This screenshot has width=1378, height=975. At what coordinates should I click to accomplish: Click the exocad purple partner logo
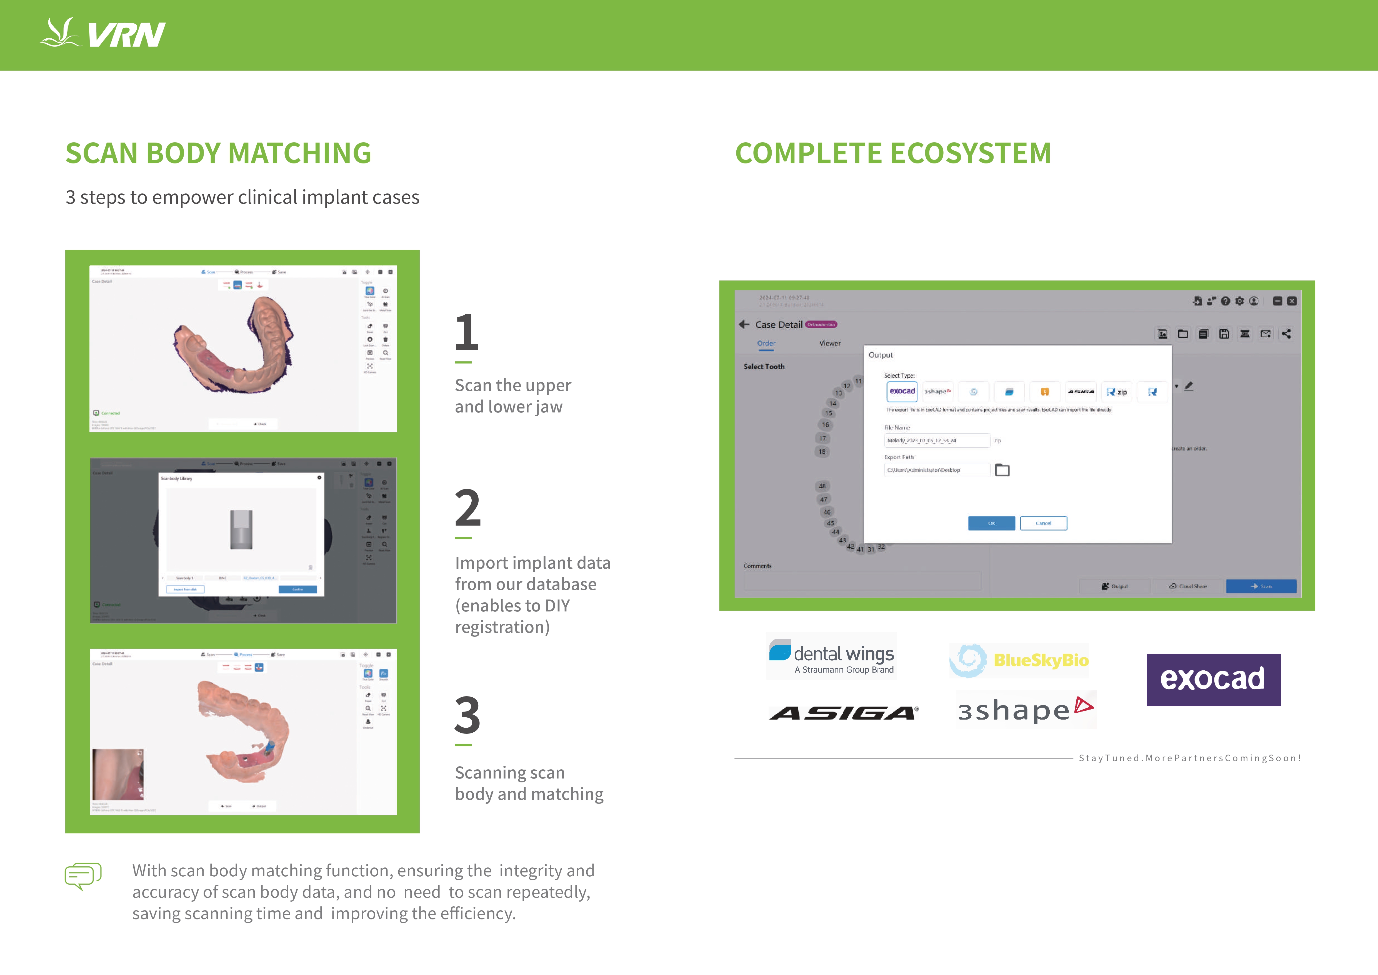[x=1213, y=680]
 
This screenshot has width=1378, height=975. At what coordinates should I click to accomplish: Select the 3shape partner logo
[x=1026, y=710]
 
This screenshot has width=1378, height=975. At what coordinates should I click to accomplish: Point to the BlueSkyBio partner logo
[x=1019, y=660]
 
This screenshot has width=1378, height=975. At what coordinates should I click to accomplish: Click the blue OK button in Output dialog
[x=991, y=523]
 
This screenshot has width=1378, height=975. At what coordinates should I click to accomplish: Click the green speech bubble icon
[x=83, y=876]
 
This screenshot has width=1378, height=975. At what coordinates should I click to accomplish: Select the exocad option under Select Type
[x=902, y=391]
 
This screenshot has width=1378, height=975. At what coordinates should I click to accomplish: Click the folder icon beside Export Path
[x=1002, y=470]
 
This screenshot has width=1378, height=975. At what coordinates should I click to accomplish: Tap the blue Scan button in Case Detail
[x=1261, y=586]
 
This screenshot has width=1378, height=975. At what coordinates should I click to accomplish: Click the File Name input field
[x=936, y=441]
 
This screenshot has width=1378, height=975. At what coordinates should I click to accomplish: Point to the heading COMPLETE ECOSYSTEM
[x=893, y=153]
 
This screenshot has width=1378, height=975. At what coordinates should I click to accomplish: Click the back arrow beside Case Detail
[x=744, y=324]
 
